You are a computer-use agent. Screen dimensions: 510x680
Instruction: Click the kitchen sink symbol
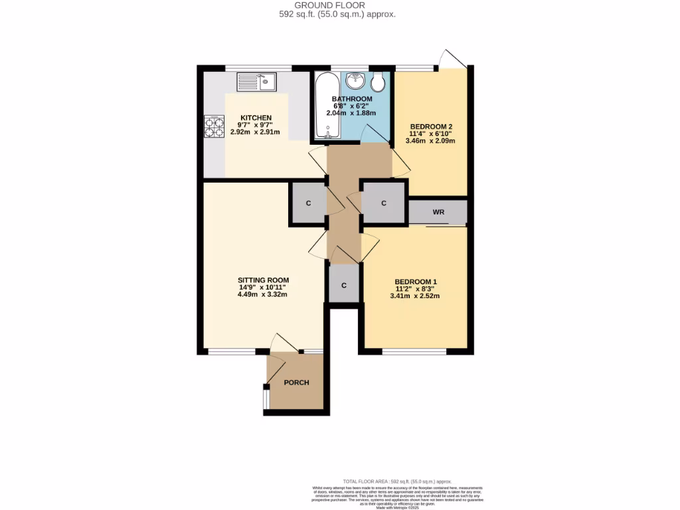click(257, 82)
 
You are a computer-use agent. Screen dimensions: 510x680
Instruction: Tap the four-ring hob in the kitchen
click(214, 126)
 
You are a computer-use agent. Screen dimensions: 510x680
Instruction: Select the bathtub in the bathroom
click(327, 106)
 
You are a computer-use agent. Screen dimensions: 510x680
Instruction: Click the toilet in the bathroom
click(379, 82)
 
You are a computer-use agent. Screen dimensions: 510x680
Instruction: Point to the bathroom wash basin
click(355, 82)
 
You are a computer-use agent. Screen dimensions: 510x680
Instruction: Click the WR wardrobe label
click(438, 212)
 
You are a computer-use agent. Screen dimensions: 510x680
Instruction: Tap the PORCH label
click(296, 382)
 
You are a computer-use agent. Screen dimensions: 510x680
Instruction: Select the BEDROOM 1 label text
click(415, 281)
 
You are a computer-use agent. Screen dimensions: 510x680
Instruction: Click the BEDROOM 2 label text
click(431, 126)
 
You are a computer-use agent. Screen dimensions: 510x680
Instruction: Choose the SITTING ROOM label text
click(263, 280)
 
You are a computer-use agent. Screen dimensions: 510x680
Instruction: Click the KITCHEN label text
click(256, 118)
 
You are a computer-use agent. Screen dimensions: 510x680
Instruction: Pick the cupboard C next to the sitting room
click(308, 203)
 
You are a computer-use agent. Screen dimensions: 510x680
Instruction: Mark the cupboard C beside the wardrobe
click(384, 203)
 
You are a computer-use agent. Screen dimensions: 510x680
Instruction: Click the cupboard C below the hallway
click(344, 285)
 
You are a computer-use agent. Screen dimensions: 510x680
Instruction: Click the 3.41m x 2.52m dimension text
click(415, 296)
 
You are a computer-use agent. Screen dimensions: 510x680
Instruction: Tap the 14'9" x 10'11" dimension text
click(263, 287)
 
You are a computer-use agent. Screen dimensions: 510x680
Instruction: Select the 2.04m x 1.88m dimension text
click(351, 113)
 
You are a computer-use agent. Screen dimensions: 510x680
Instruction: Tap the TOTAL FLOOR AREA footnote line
click(397, 481)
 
